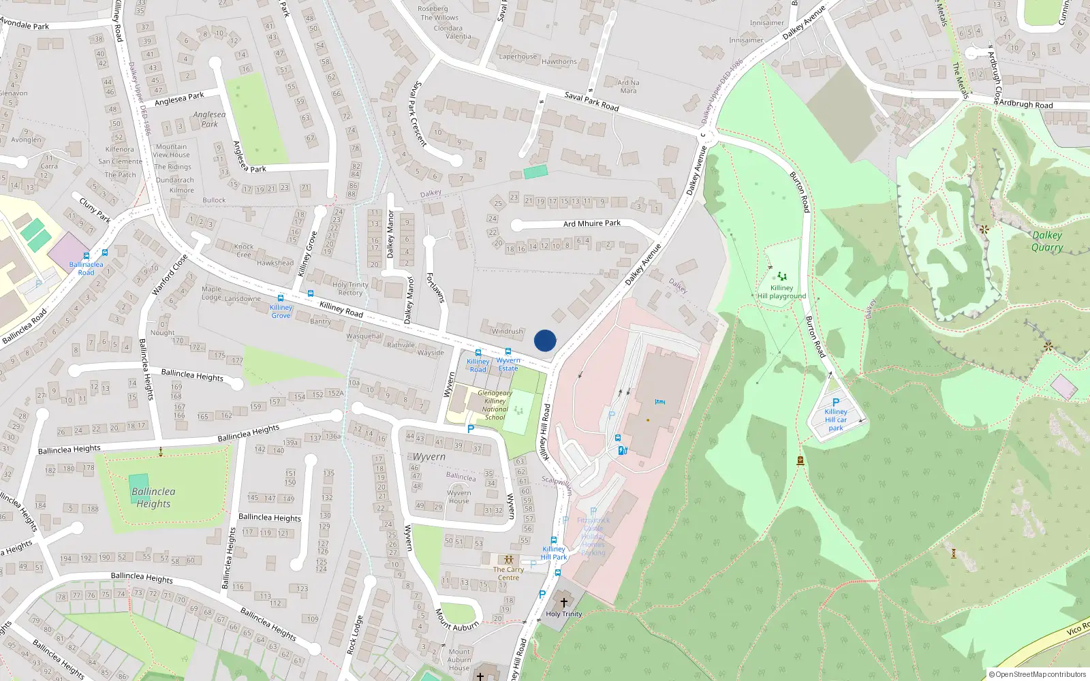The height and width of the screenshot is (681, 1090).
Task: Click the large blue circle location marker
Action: tap(545, 340)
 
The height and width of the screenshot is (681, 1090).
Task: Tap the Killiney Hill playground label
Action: tap(781, 292)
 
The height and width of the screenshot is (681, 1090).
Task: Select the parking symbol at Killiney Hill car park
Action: tap(836, 402)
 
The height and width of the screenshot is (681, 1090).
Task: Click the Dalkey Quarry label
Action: tap(1047, 241)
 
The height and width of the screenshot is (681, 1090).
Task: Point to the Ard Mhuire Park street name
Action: tap(591, 223)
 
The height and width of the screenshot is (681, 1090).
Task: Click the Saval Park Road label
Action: tap(591, 101)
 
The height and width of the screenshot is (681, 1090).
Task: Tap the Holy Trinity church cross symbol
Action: tap(563, 603)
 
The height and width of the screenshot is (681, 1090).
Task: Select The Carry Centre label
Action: tap(508, 573)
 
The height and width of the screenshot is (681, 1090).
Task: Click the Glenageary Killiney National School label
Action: tap(495, 405)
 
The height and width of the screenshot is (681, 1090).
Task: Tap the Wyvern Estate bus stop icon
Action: tap(508, 352)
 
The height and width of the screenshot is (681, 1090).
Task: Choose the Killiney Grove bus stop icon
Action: tap(280, 298)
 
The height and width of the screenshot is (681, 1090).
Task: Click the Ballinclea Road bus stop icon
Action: tap(86, 256)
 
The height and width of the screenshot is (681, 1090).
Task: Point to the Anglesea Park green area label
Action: tap(209, 119)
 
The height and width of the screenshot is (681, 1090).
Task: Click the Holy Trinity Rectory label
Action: tap(350, 289)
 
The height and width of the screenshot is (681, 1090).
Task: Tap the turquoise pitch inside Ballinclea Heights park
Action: tap(139, 488)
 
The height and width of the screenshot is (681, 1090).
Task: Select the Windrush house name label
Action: tap(508, 332)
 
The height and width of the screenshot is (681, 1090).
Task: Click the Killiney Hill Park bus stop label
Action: tap(554, 553)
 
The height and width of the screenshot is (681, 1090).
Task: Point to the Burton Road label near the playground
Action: tap(800, 192)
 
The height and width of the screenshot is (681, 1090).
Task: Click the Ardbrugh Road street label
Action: tap(1025, 104)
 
